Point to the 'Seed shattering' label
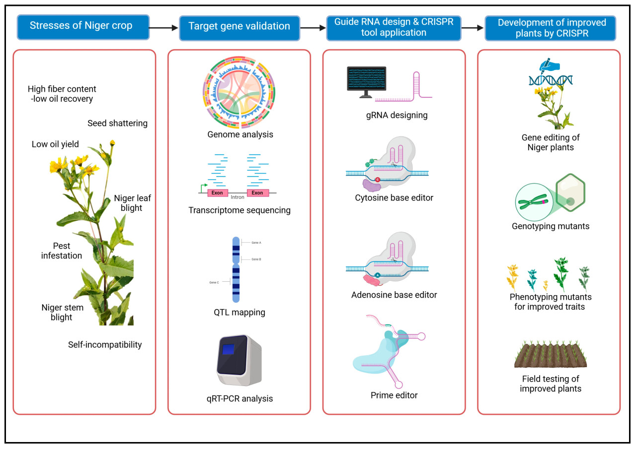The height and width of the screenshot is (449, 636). pyautogui.click(x=118, y=123)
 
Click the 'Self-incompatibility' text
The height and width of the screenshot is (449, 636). pyautogui.click(x=105, y=344)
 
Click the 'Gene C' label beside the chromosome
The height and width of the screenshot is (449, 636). pyautogui.click(x=214, y=282)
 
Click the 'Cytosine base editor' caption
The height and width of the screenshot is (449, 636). pyautogui.click(x=394, y=197)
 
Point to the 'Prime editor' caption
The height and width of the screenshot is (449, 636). pyautogui.click(x=394, y=395)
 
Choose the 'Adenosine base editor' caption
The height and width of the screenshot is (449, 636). pyautogui.click(x=394, y=295)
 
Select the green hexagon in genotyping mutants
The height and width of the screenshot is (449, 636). pyautogui.click(x=570, y=192)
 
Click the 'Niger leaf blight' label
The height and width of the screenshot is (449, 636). pyautogui.click(x=132, y=203)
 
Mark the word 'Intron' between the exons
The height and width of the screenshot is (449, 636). pyautogui.click(x=238, y=197)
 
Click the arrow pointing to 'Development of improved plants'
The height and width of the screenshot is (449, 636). pyautogui.click(x=473, y=28)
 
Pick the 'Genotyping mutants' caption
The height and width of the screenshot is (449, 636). pyautogui.click(x=551, y=226)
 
